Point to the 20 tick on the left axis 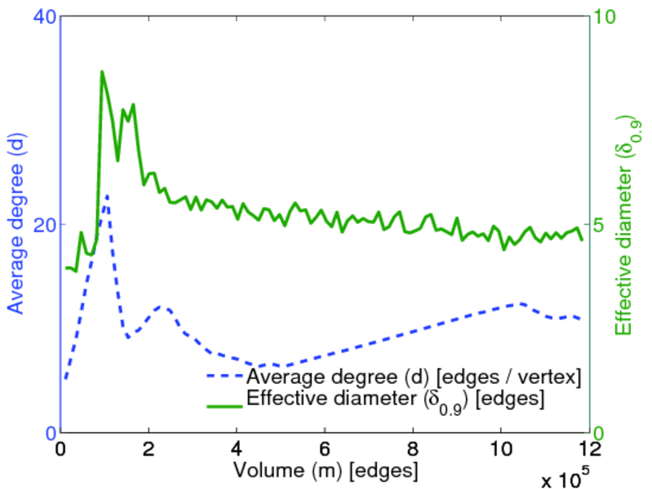(42, 225)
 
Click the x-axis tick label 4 (237, 450)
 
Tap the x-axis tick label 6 (326, 450)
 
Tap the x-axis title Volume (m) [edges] (326, 471)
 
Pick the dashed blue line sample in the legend (223, 377)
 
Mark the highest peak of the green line (102, 71)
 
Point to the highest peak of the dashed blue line (106, 196)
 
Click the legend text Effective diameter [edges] (395, 400)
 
